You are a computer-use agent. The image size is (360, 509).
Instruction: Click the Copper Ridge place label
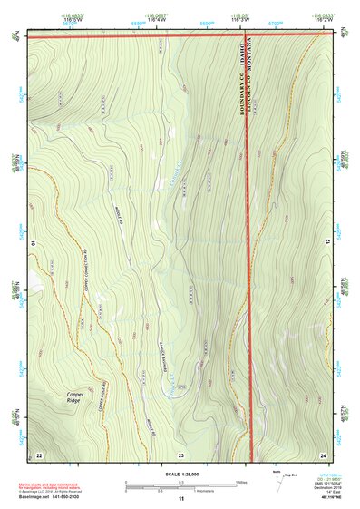coord(79,396)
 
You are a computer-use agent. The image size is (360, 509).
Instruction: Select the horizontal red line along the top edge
coord(136,38)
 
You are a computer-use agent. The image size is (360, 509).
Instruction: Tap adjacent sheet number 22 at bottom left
coord(38,453)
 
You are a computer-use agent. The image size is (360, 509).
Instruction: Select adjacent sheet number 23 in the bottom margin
coord(180,453)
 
